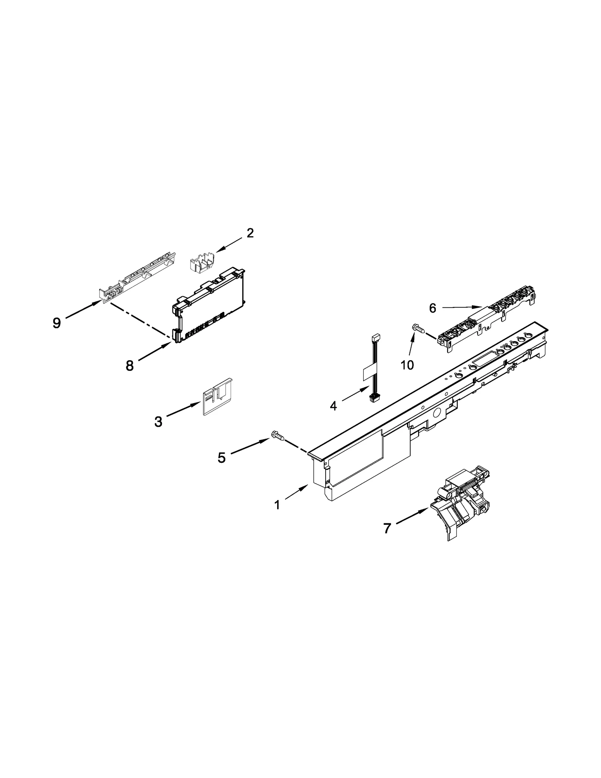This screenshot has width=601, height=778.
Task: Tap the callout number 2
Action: (250, 233)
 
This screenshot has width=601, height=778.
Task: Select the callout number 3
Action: (158, 422)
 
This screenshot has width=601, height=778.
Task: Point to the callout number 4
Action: (334, 406)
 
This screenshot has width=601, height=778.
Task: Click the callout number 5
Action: (222, 458)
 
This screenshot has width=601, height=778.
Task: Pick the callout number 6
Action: (433, 308)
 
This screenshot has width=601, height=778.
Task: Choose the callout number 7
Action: (387, 529)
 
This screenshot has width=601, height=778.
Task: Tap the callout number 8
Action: (130, 365)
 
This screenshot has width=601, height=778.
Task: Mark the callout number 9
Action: (57, 323)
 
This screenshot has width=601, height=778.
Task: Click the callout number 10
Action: (407, 364)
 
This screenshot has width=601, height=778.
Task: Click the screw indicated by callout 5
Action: (277, 436)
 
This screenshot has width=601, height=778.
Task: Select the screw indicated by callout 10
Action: (418, 328)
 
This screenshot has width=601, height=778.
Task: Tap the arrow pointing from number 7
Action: (412, 515)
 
